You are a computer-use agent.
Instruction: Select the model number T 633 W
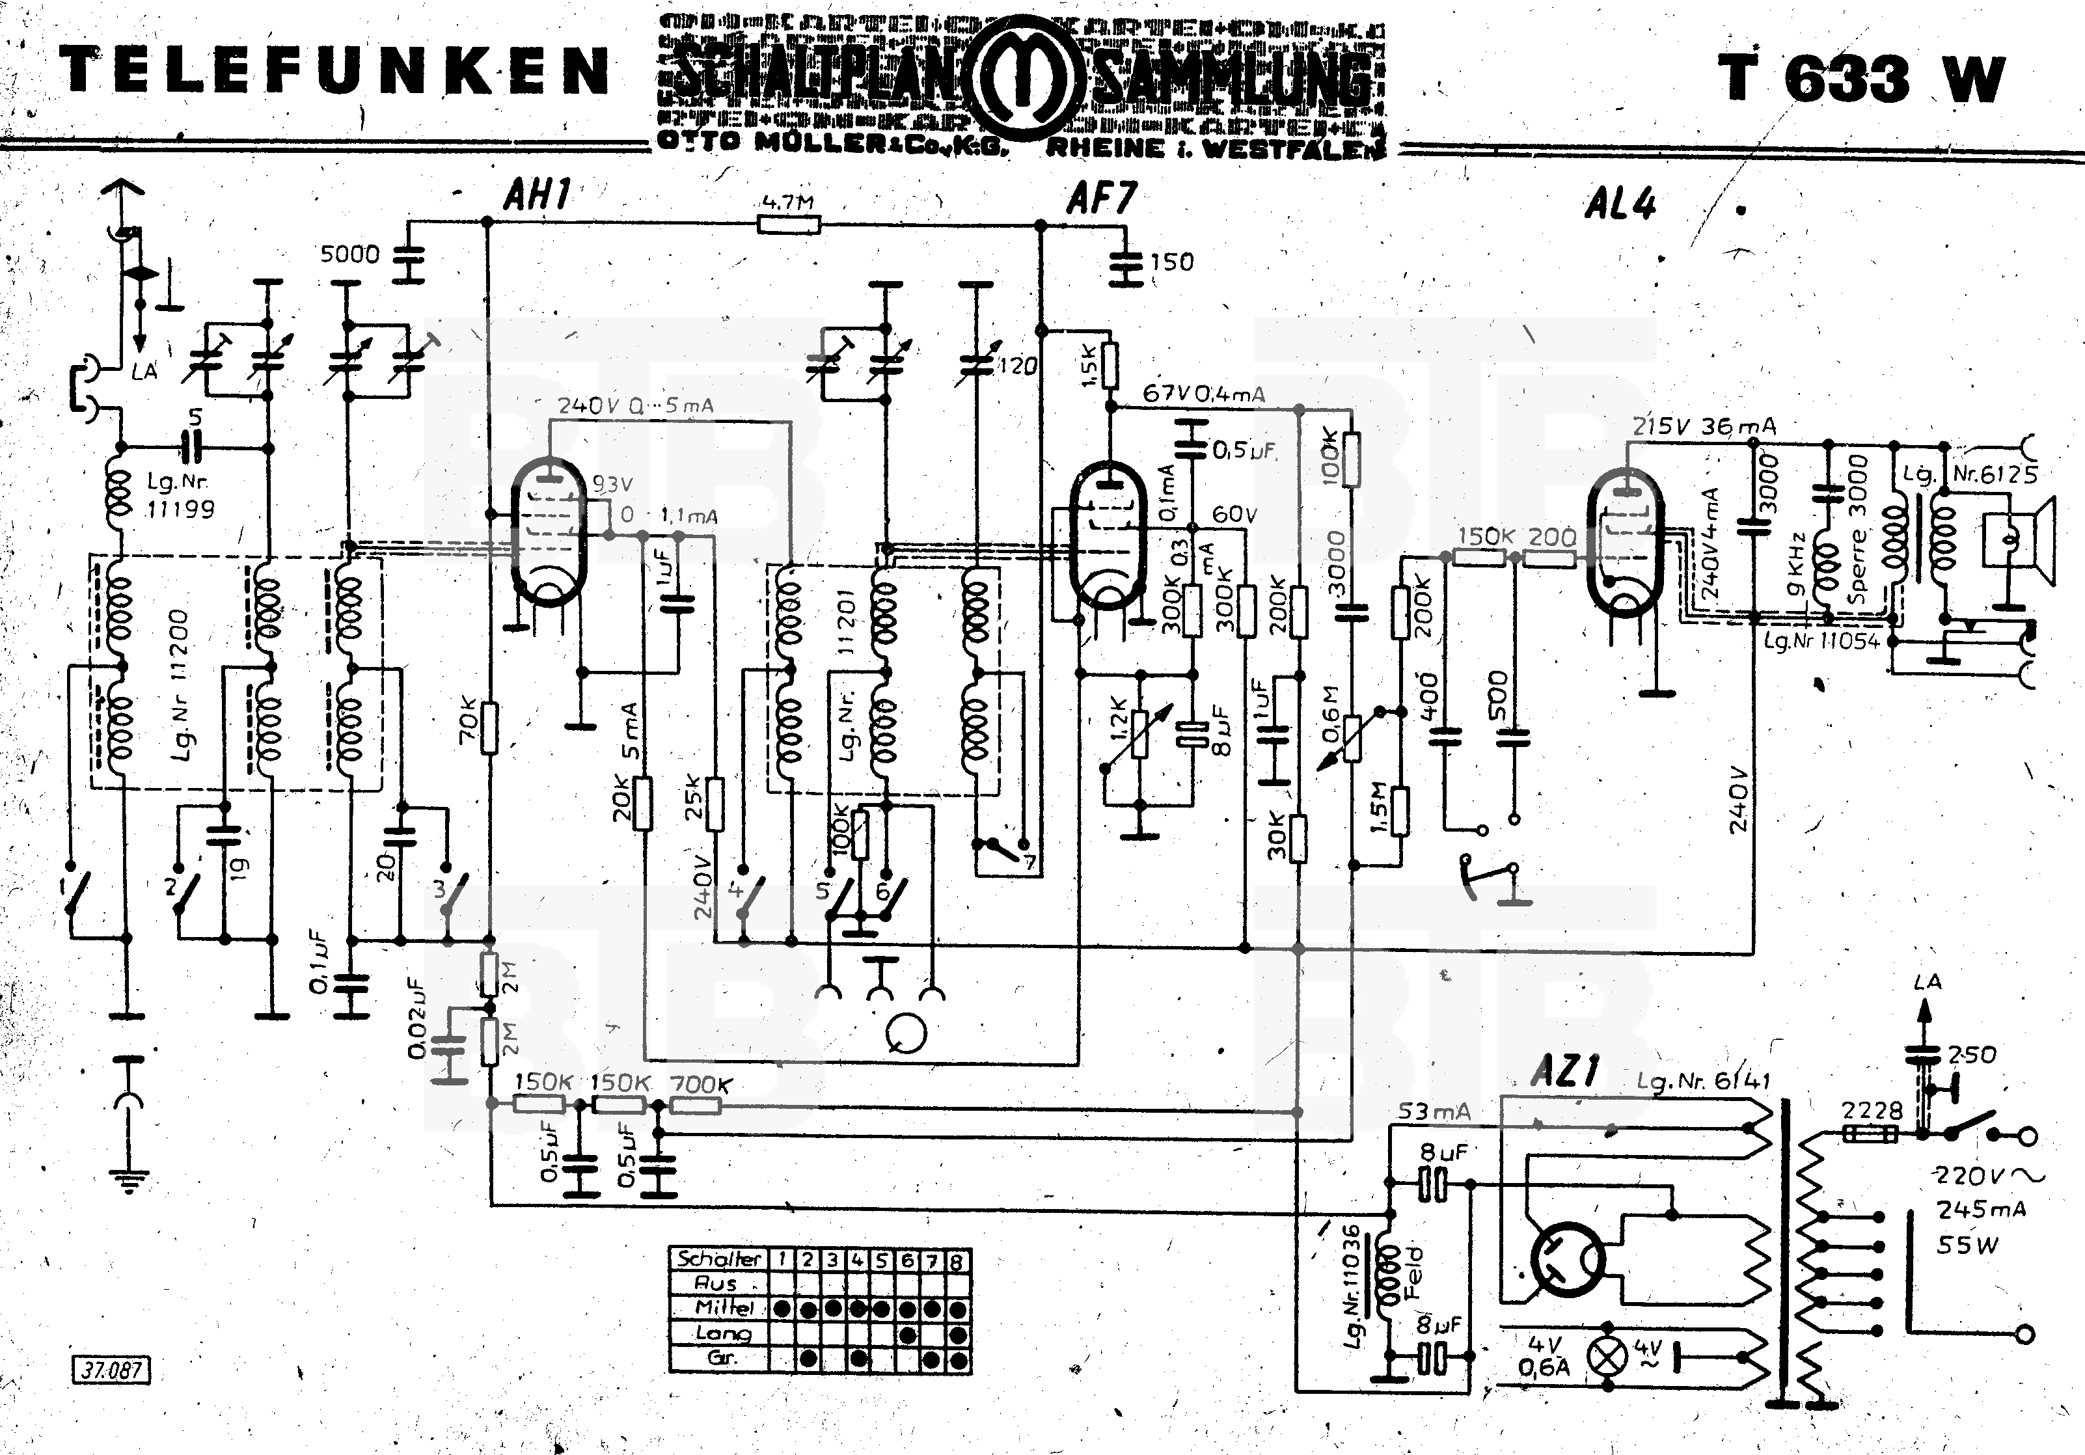[x=1860, y=79]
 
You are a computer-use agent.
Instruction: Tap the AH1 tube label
[x=538, y=195]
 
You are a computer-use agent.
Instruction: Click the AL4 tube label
[x=1620, y=204]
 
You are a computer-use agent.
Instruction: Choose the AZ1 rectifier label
[x=1564, y=1072]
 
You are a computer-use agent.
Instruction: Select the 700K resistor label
[x=700, y=1083]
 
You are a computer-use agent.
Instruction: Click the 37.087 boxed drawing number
[x=111, y=1370]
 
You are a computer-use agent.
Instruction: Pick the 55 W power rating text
[x=1968, y=1245]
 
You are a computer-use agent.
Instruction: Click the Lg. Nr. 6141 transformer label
[x=1703, y=1081]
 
